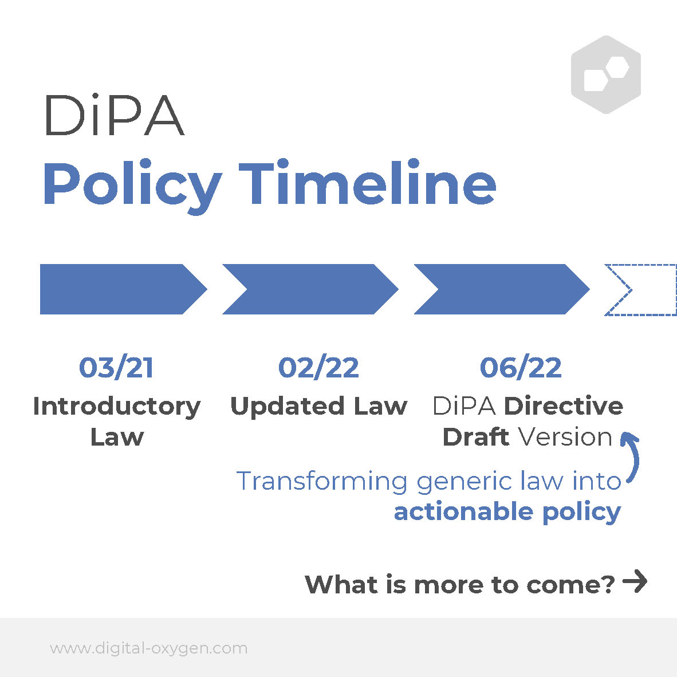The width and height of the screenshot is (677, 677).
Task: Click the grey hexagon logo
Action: [606, 74]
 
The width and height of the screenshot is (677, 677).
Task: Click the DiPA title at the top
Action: [115, 115]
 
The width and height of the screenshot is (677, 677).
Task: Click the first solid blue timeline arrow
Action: [124, 289]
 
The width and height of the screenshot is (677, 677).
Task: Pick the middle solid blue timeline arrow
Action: [310, 289]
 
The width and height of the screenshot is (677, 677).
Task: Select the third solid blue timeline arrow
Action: [502, 289]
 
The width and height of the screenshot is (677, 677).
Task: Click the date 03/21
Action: [116, 368]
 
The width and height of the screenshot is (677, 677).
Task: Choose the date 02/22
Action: [318, 368]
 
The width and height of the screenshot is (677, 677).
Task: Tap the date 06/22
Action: [521, 368]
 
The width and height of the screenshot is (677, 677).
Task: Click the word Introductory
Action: [117, 407]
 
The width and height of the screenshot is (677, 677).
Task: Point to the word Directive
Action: [564, 406]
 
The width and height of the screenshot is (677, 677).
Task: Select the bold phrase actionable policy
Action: [507, 513]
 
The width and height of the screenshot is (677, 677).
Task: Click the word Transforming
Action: [322, 482]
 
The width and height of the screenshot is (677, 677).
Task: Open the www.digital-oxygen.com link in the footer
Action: [148, 648]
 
